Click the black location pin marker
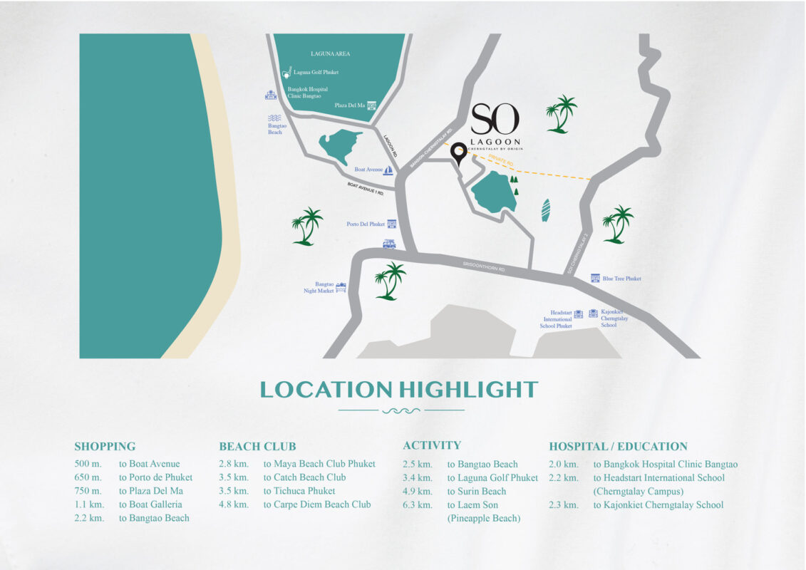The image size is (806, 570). tap(458, 152)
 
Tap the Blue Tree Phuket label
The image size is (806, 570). tap(622, 279)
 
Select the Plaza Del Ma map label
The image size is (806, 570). tap(349, 105)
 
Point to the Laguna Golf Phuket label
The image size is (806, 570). tap(316, 72)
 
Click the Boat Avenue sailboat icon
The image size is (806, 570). tap(388, 170)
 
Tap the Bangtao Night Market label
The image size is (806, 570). tap(324, 287)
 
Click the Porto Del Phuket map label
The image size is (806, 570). tap(366, 224)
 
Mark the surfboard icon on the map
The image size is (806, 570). tap(546, 210)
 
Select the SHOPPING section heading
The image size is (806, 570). tap(105, 447)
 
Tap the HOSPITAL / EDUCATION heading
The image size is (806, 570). tap(618, 447)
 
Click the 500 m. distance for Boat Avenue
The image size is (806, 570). tap(88, 464)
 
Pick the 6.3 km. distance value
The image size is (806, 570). tap(418, 504)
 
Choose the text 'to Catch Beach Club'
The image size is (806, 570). tap(304, 477)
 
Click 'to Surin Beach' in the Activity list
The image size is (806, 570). tap(477, 491)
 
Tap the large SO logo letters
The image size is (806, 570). tap(495, 119)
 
